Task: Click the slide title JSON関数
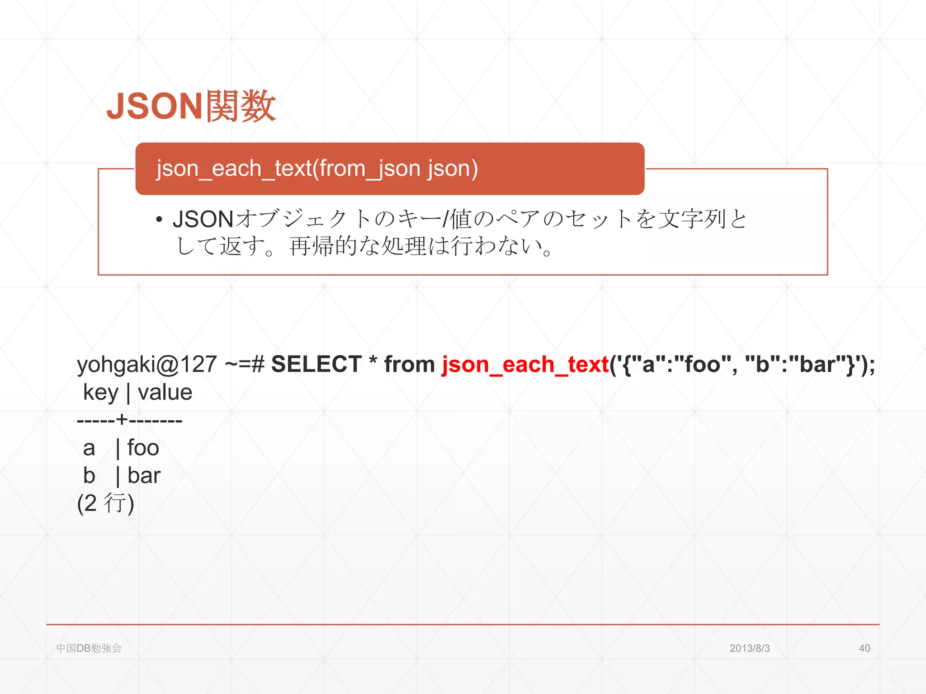[191, 106]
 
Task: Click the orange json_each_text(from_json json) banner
[389, 169]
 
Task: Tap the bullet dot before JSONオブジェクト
[159, 220]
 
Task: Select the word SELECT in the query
[316, 364]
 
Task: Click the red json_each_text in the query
[525, 364]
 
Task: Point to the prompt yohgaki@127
[147, 364]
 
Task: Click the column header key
[100, 392]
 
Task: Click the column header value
[165, 392]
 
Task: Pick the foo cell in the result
[143, 448]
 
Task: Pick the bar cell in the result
[144, 475]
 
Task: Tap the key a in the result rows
[89, 448]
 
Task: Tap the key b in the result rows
[89, 475]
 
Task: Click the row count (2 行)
[106, 503]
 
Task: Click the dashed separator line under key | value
[129, 420]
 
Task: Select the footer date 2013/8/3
[749, 648]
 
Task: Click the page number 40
[864, 648]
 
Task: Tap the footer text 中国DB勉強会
[89, 648]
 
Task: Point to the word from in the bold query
[409, 364]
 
